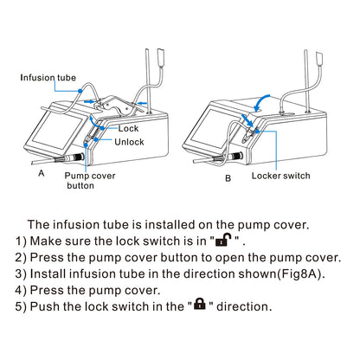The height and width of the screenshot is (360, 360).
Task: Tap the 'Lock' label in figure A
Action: coord(128,128)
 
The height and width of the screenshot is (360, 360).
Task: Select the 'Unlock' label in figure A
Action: coord(130,141)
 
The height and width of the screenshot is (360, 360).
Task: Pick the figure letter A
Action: coord(40,174)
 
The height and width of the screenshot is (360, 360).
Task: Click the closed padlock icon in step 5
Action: coord(200,305)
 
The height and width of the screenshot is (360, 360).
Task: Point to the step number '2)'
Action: coord(22,257)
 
